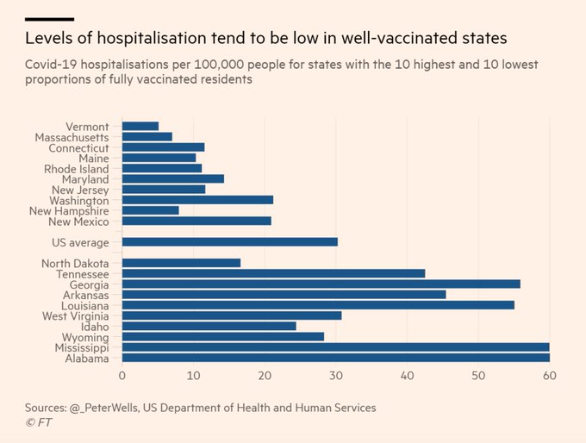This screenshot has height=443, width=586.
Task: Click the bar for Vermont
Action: click(x=140, y=127)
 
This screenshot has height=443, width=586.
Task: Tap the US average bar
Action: click(x=229, y=241)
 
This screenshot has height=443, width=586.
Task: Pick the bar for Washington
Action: click(x=197, y=200)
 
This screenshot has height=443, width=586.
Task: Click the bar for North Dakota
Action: click(x=181, y=263)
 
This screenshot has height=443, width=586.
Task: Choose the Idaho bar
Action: click(x=209, y=326)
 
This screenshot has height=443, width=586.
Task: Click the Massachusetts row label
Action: click(x=72, y=137)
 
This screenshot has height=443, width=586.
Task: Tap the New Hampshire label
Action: click(x=69, y=210)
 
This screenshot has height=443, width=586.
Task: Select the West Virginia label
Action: click(x=75, y=315)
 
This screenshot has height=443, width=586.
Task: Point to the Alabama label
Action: click(x=88, y=358)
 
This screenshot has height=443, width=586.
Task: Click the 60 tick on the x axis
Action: click(x=548, y=376)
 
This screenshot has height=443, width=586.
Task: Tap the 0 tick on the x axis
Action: click(x=122, y=376)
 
